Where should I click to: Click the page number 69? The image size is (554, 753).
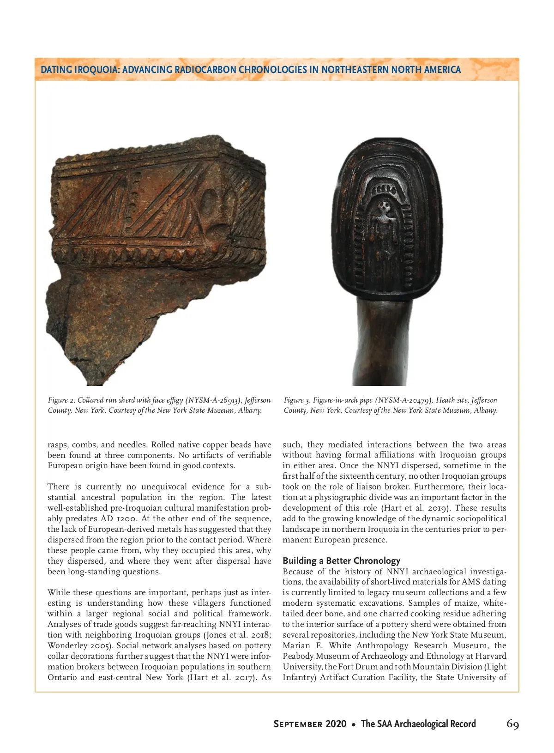512,723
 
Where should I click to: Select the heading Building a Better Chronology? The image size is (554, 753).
341,560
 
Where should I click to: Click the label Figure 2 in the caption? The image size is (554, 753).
61,400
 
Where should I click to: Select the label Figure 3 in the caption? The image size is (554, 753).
297,400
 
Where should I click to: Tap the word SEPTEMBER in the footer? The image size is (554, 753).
298,724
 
